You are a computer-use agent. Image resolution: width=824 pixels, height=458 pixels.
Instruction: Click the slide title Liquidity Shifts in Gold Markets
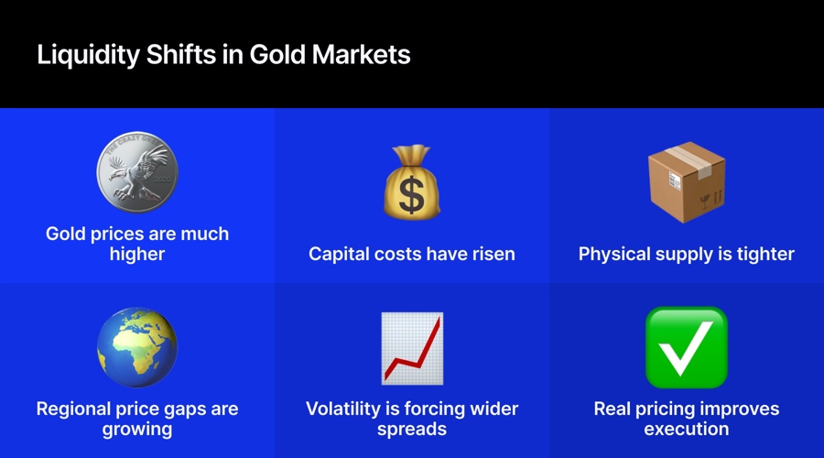(223, 54)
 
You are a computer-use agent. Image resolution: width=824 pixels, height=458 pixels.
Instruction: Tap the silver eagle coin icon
(137, 174)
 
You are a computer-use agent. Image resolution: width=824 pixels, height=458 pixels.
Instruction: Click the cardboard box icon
(687, 181)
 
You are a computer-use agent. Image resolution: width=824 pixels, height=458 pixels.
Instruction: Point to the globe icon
(137, 347)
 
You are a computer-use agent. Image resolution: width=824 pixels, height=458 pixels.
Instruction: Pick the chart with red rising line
(412, 348)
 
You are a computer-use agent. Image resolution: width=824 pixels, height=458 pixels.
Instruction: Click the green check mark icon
(687, 347)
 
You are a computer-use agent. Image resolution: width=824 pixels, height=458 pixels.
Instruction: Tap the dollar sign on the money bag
(412, 195)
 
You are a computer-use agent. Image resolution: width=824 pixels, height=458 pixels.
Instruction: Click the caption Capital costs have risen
(412, 254)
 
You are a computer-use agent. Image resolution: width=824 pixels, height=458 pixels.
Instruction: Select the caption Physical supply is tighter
(687, 254)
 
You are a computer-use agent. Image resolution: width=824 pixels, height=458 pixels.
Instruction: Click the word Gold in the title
(280, 54)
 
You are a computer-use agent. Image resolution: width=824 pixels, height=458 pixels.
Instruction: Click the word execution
(687, 429)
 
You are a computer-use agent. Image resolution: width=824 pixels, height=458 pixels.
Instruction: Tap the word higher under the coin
(137, 254)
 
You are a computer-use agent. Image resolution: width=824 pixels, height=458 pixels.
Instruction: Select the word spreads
(412, 429)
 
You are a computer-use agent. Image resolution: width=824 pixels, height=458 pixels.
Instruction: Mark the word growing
(137, 429)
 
